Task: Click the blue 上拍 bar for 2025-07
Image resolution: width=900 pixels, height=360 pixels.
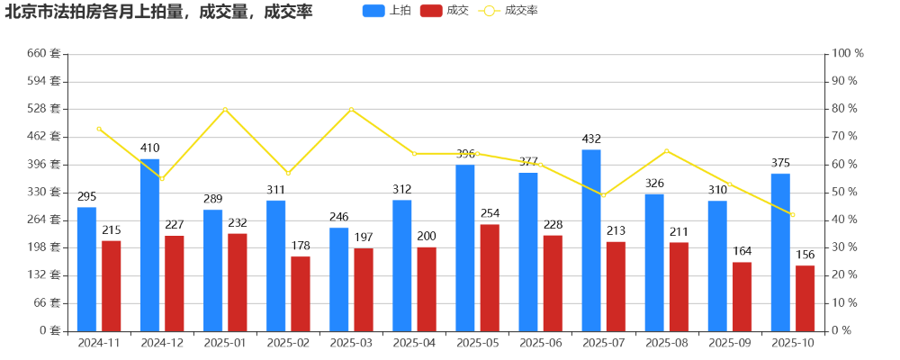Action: (x=591, y=240)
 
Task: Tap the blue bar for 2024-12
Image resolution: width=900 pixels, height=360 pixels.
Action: (x=149, y=245)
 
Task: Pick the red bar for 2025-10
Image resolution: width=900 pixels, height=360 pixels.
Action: (x=805, y=298)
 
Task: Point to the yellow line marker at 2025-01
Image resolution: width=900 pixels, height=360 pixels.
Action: (x=225, y=110)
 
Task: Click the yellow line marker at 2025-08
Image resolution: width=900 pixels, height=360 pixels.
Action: (x=666, y=150)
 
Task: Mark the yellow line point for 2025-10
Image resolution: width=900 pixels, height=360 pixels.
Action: (x=792, y=214)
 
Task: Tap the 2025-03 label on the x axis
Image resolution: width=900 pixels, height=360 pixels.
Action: (x=351, y=343)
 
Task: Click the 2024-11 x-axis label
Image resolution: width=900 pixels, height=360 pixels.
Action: (x=99, y=343)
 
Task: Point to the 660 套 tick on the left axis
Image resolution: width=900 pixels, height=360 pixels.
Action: (x=43, y=54)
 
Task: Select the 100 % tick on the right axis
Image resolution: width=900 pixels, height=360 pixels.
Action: (x=847, y=54)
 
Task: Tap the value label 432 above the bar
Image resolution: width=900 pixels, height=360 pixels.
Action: (x=591, y=139)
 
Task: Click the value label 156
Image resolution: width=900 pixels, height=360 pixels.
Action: (x=805, y=255)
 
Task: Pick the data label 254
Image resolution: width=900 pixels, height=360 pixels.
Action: (x=490, y=213)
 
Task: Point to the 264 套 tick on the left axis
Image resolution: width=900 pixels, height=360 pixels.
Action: (x=43, y=220)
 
